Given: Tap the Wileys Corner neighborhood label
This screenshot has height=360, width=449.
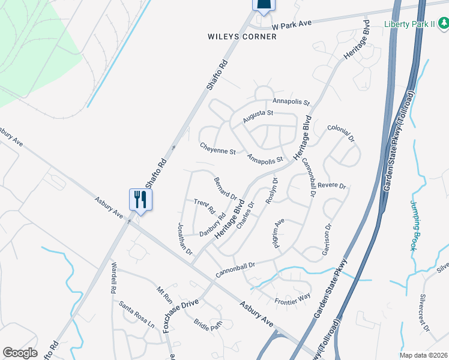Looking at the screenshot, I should (x=242, y=37).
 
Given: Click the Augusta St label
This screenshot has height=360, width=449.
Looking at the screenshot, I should (x=258, y=116).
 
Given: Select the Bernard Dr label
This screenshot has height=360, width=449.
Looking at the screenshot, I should (x=225, y=188).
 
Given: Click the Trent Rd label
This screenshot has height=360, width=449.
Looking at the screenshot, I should (x=204, y=206).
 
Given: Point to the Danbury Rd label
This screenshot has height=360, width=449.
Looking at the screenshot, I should (x=212, y=224).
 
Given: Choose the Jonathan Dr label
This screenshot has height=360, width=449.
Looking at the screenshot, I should (x=184, y=238).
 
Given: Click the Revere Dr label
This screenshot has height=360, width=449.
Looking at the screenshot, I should (x=332, y=186).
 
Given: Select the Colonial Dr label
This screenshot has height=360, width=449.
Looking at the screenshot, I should (x=341, y=132).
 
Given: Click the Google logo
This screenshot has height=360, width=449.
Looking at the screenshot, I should (x=20, y=352).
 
